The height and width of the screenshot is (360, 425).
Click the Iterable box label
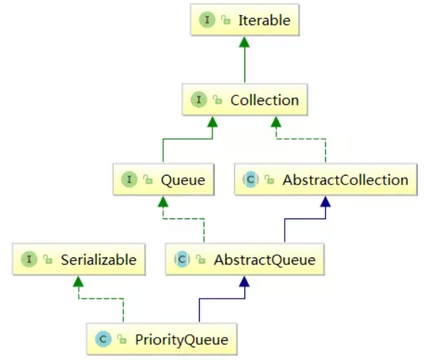click(x=264, y=20)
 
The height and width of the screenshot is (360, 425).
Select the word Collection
click(x=264, y=100)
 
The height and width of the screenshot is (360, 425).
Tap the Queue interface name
click(x=182, y=180)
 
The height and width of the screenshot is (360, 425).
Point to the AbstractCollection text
click(x=345, y=180)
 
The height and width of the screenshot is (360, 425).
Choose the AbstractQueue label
click(x=264, y=259)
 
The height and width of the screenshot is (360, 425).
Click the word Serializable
click(x=99, y=259)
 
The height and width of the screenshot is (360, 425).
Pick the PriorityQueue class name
click(x=180, y=339)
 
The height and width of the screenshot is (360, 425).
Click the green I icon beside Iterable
click(x=207, y=20)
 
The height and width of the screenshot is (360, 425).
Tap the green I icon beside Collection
click(x=199, y=100)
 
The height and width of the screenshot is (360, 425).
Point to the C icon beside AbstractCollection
click(x=250, y=180)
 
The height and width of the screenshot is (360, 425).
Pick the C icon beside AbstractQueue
click(x=182, y=259)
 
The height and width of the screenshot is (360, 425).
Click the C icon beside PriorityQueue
click(x=102, y=339)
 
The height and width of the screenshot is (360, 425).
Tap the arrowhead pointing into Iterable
click(x=243, y=42)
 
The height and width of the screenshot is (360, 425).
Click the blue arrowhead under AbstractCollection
click(x=325, y=201)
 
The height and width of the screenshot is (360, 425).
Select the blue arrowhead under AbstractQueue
click(x=244, y=281)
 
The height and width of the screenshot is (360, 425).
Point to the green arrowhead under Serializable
click(x=78, y=281)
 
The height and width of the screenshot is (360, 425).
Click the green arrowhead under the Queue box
click(x=163, y=201)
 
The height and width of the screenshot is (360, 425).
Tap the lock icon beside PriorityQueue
click(x=120, y=339)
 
